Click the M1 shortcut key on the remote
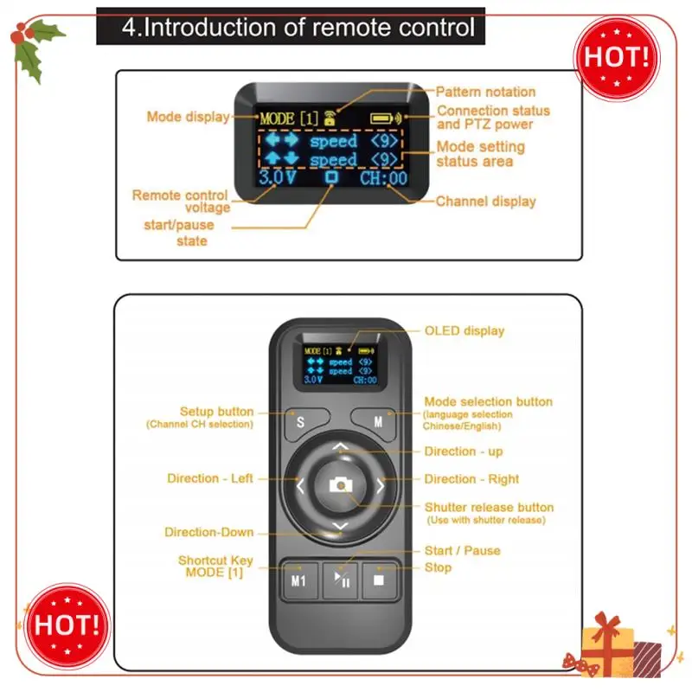tap(299, 580)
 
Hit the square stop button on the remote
tap(379, 580)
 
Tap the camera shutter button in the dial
tap(341, 485)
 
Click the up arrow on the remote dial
tap(340, 447)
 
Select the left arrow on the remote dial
tap(300, 486)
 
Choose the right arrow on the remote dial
tap(381, 486)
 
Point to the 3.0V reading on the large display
tap(278, 177)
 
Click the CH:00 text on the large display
tap(383, 178)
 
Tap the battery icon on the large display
tap(381, 119)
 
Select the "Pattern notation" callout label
tap(485, 92)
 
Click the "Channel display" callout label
tap(486, 202)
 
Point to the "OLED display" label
tap(465, 330)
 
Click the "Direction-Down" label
tap(209, 532)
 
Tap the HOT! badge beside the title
tap(617, 58)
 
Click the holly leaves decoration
tap(35, 49)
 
